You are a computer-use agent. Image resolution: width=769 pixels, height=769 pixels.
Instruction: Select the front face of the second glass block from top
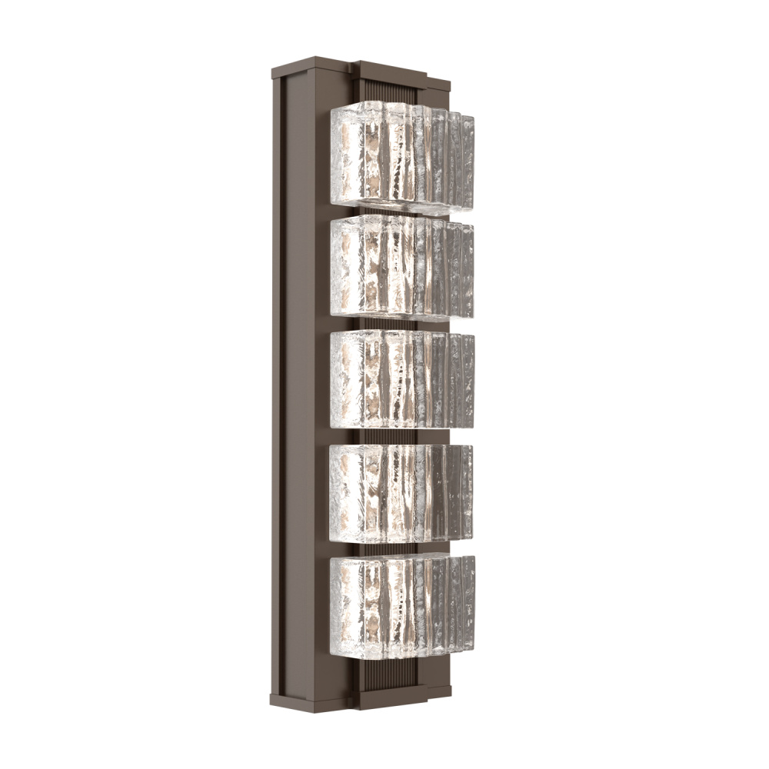[373, 265]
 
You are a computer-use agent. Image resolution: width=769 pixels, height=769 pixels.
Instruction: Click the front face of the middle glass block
[373, 378]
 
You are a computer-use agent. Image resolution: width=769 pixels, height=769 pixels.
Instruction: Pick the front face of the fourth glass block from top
[373, 491]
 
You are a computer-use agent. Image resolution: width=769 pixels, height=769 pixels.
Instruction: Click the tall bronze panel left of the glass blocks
[304, 384]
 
